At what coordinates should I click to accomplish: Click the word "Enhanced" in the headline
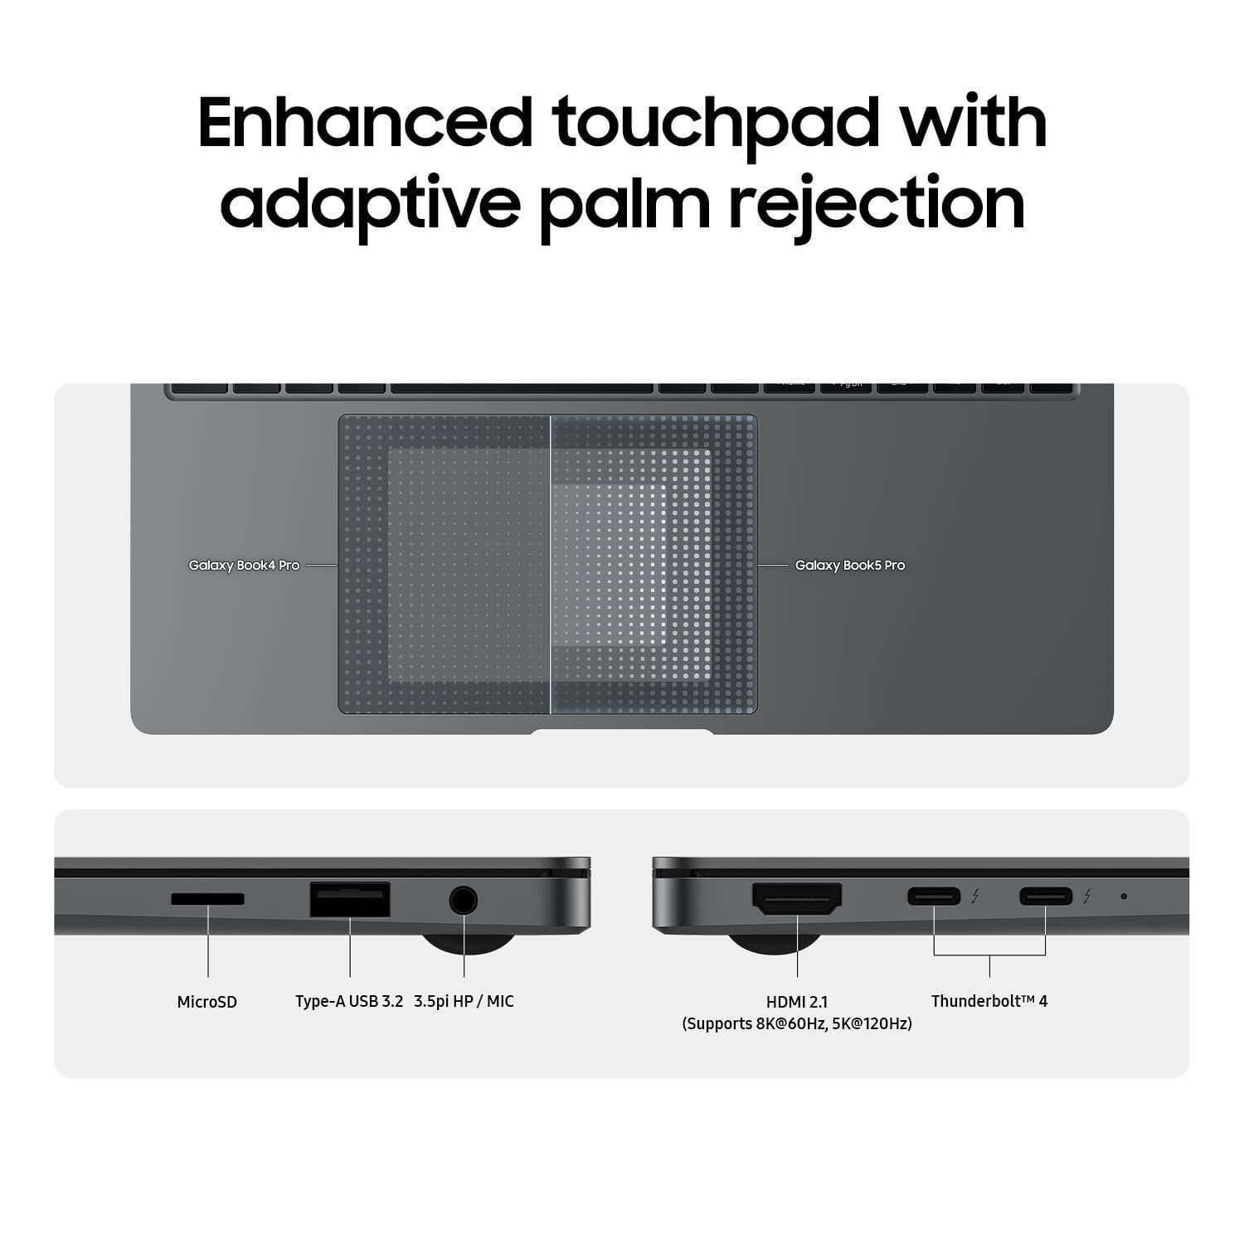(366, 122)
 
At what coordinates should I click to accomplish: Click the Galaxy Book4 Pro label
(244, 566)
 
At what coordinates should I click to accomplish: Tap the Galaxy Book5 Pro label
(850, 566)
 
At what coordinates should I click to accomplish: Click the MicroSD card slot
(207, 899)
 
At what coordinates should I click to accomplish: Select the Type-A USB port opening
(350, 900)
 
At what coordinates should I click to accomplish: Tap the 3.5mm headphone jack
(464, 900)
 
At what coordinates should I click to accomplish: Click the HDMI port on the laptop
(797, 899)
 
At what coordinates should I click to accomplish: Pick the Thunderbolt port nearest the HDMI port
(934, 897)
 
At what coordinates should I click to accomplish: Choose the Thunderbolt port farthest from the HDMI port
(1046, 897)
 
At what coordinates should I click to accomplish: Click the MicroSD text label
(207, 1002)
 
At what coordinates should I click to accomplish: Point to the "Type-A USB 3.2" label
(349, 1002)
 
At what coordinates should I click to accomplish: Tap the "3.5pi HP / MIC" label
(464, 1002)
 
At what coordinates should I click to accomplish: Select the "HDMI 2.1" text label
(797, 1002)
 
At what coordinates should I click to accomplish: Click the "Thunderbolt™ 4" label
(989, 1001)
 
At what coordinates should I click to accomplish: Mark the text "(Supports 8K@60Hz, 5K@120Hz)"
(797, 1024)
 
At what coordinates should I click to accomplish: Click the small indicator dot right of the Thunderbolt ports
(1124, 897)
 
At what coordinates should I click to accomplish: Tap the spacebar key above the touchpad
(522, 388)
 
